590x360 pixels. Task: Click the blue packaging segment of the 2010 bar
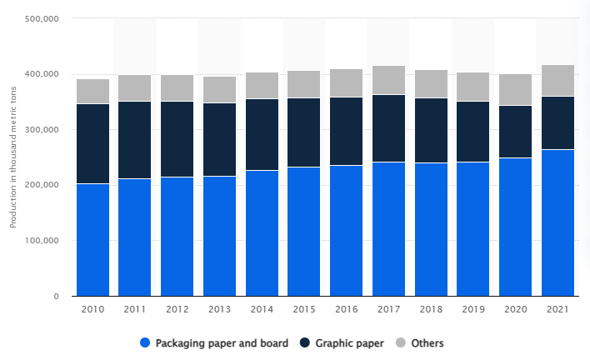[x=92, y=240]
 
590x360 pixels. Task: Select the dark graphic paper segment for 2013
[x=219, y=139]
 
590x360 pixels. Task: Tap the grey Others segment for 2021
[x=557, y=81]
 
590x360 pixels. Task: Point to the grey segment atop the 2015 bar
[x=304, y=84]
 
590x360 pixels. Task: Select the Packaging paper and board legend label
[x=221, y=343]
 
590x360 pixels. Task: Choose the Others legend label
[x=427, y=343]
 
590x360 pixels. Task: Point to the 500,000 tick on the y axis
[x=41, y=18]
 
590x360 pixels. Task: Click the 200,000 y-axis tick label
[x=41, y=185]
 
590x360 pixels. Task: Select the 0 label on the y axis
[x=55, y=297]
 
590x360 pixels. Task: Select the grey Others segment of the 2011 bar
[x=134, y=88]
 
